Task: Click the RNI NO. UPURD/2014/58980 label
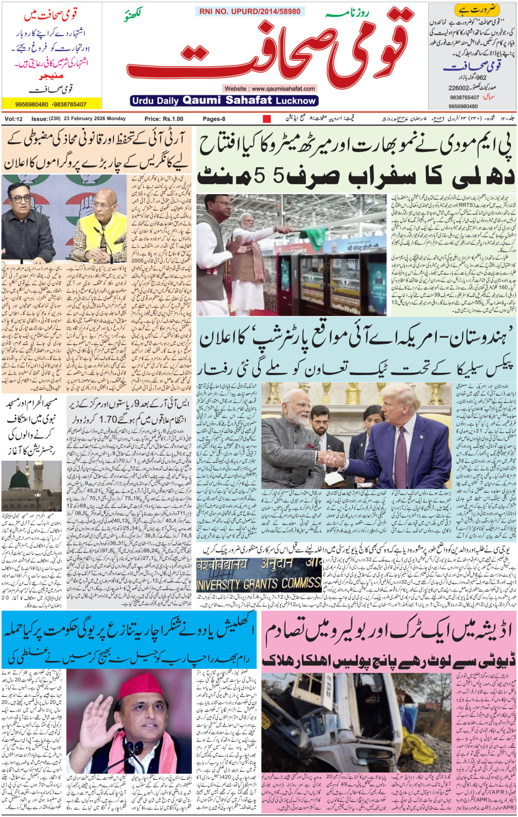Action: coord(249,11)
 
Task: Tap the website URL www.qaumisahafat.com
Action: coord(269,88)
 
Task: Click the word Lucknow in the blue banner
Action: coord(296,101)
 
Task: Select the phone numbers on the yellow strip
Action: coord(51,104)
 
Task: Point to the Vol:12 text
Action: coord(14,119)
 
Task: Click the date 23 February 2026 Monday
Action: coord(95,119)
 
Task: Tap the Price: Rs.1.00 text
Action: coord(164,119)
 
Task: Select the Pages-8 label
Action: coord(214,119)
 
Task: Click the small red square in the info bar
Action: coord(267,119)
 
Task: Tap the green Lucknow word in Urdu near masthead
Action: coord(132,16)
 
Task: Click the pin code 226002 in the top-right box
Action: coord(459,88)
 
